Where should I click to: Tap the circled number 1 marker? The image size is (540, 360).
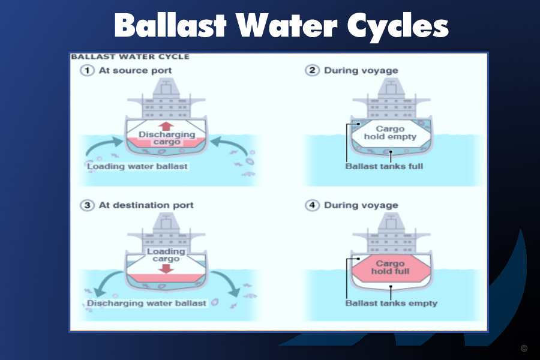point(87,71)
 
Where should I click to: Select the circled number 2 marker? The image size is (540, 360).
point(312,70)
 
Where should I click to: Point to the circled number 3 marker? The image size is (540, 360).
point(87,205)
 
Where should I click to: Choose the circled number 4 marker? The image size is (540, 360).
point(312,205)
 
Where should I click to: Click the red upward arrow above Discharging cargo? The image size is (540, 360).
point(166,126)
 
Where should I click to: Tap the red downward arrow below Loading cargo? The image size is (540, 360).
point(166,268)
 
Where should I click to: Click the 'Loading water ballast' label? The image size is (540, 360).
point(137,166)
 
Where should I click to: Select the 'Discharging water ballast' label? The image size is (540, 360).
point(146,303)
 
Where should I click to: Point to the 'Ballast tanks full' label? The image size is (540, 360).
point(384,166)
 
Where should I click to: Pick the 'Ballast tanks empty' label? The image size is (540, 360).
point(391,303)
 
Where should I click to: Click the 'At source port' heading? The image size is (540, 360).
point(136,71)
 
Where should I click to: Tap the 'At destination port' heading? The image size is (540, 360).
point(146,205)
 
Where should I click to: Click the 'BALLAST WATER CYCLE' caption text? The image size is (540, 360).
point(130,57)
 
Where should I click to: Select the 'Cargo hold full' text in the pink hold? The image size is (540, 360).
point(390,268)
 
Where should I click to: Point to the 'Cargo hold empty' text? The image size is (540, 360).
point(390,133)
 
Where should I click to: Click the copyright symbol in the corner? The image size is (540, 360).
point(524,348)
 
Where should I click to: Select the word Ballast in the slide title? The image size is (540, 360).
point(170,25)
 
